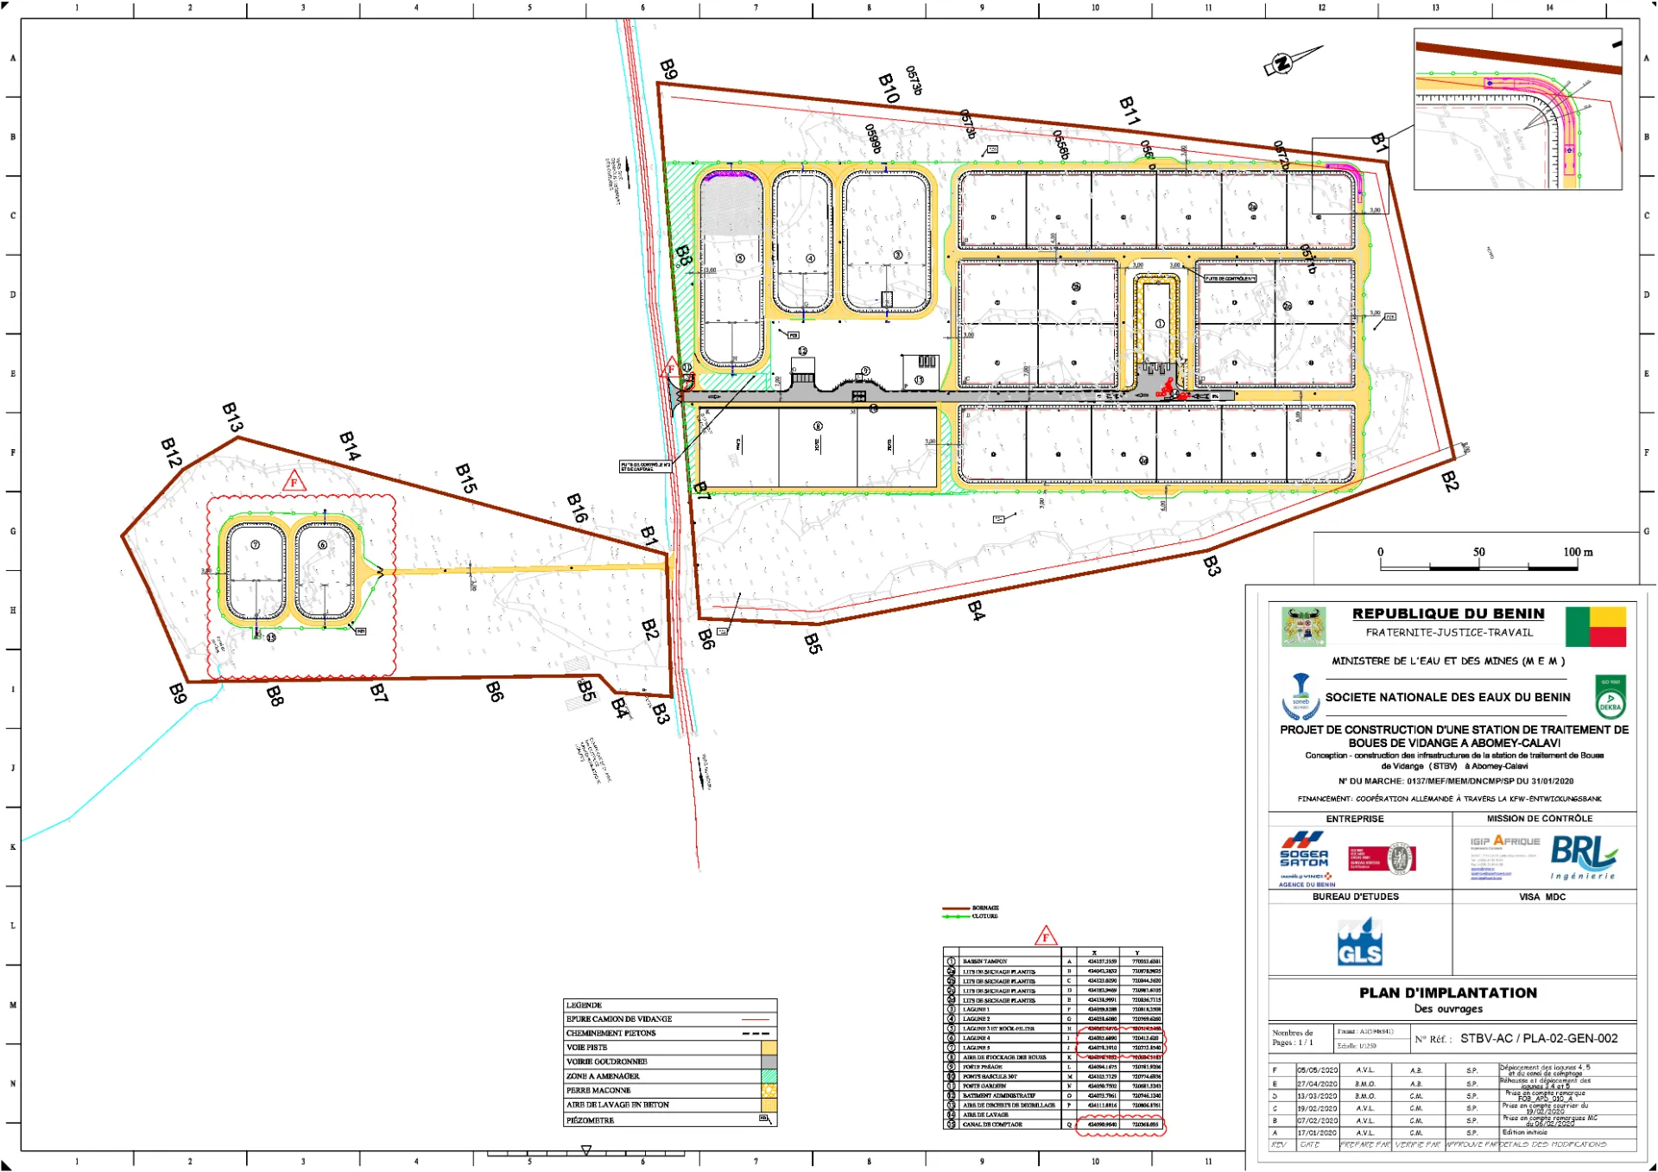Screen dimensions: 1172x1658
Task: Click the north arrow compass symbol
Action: (x=1291, y=60)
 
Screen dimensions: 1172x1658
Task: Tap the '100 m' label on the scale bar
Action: (x=1578, y=552)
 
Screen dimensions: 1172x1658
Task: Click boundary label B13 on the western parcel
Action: (x=232, y=417)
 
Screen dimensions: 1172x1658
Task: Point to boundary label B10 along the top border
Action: (x=889, y=88)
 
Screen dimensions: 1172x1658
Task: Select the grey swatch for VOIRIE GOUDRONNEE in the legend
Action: (x=768, y=1061)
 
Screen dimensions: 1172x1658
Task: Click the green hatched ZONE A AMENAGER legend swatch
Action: (x=768, y=1076)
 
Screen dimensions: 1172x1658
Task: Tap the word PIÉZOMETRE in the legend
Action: (x=591, y=1120)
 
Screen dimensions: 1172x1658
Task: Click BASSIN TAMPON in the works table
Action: (x=985, y=961)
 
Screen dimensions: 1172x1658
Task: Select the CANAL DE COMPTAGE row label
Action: (x=992, y=1124)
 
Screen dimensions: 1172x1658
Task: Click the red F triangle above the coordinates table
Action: (x=1046, y=936)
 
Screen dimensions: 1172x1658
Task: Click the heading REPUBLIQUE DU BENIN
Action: (x=1448, y=613)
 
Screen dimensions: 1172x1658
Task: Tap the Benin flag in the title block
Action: (x=1596, y=627)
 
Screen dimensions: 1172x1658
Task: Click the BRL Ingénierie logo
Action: (x=1583, y=857)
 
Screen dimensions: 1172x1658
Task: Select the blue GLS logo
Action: (x=1359, y=942)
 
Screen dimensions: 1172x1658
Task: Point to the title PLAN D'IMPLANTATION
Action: (x=1448, y=993)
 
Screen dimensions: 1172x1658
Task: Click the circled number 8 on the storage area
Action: (x=818, y=427)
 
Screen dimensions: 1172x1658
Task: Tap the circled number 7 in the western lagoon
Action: (x=255, y=545)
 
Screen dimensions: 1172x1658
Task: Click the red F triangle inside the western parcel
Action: (x=294, y=482)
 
